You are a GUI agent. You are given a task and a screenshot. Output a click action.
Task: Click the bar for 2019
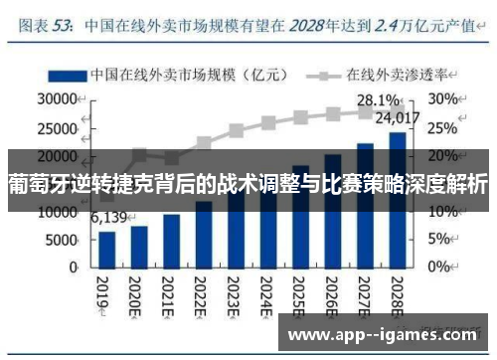pyautogui.click(x=107, y=249)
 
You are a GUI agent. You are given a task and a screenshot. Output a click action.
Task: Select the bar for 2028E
pyautogui.click(x=396, y=200)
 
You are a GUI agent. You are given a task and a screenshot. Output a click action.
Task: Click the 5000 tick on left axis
pyautogui.click(x=62, y=240)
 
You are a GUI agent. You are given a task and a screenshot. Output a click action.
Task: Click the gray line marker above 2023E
pyautogui.click(x=236, y=130)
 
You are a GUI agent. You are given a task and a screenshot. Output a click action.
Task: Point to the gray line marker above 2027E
pyautogui.click(x=364, y=112)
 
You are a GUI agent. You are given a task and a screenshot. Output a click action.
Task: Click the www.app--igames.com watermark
pyautogui.click(x=383, y=334)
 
